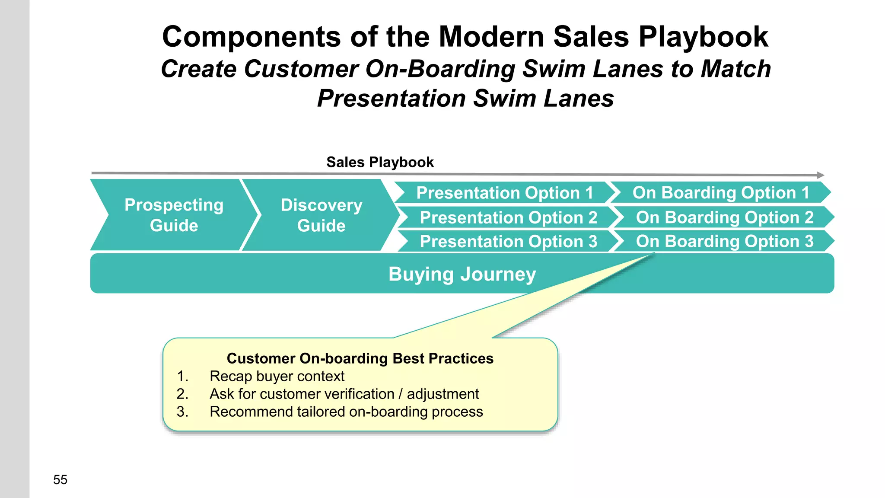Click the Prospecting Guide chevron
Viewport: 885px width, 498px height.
tap(174, 215)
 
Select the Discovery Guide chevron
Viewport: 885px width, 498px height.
tap(321, 215)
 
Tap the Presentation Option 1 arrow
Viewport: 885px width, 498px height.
tap(504, 193)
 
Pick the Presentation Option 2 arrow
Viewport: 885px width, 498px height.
tap(508, 217)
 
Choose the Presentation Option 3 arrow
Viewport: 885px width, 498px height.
tap(508, 241)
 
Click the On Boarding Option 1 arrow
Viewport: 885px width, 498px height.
tap(721, 193)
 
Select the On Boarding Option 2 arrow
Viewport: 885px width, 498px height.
tap(724, 217)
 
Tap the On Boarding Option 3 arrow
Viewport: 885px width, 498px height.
tap(724, 241)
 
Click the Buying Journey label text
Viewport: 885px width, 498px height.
tap(462, 274)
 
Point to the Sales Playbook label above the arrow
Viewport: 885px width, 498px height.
tap(380, 162)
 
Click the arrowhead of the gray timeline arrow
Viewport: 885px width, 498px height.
tap(820, 175)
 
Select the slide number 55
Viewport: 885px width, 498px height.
tap(60, 479)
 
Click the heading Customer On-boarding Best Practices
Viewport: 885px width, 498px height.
tap(360, 358)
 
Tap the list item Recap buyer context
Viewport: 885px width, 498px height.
tap(277, 376)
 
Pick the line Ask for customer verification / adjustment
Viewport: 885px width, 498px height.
tap(344, 394)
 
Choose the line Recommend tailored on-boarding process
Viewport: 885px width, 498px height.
tap(346, 412)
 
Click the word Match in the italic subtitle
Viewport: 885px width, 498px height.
tap(735, 69)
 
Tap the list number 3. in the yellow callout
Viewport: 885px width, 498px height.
tap(182, 412)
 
